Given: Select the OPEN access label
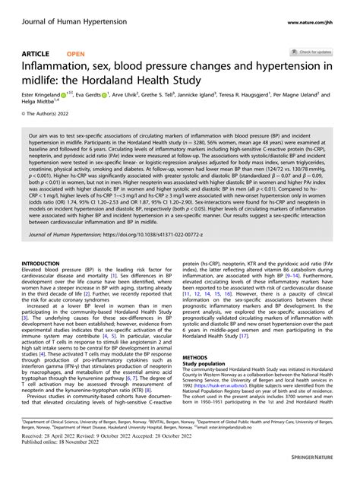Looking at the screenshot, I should [x=76, y=55].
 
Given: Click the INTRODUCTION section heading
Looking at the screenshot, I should [x=43, y=263].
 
